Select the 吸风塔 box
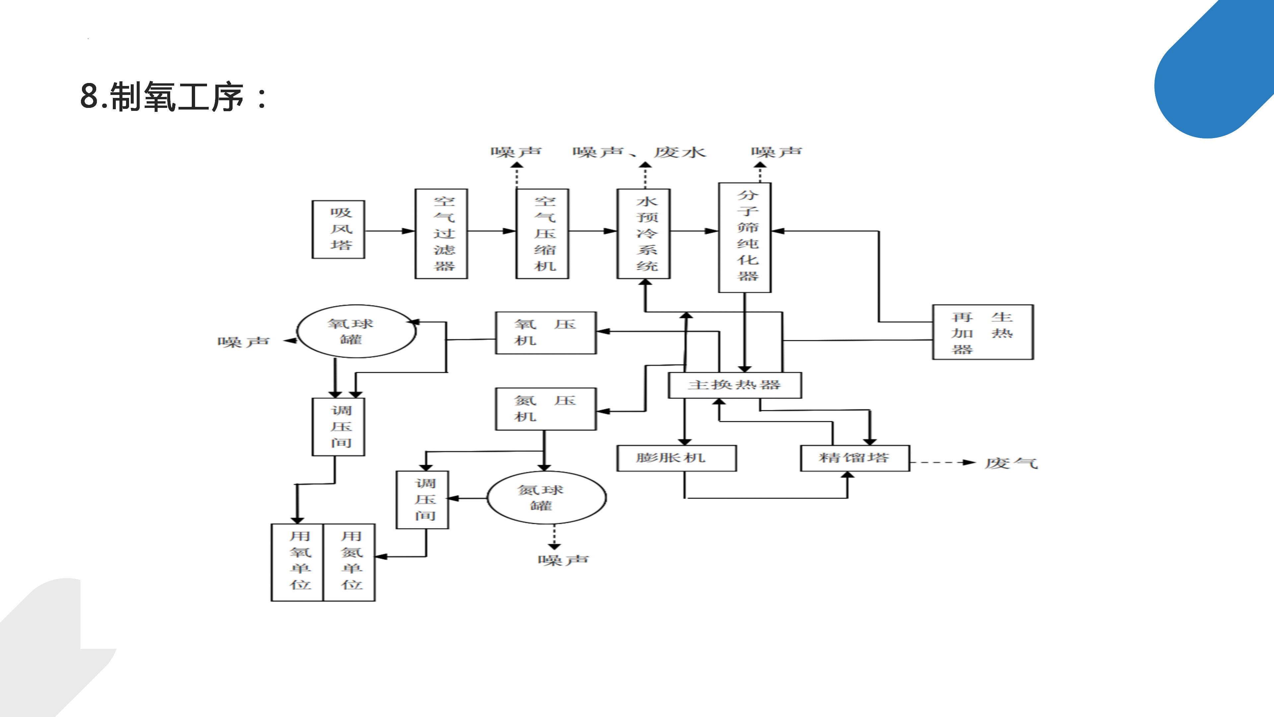pyautogui.click(x=339, y=229)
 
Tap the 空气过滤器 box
pyautogui.click(x=442, y=234)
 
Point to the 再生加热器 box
pyautogui.click(x=983, y=332)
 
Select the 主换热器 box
pyautogui.click(x=735, y=385)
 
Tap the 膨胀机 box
pyautogui.click(x=676, y=458)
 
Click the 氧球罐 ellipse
pyautogui.click(x=356, y=331)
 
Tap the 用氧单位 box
pyautogui.click(x=297, y=562)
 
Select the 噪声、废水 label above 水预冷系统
pyautogui.click(x=639, y=152)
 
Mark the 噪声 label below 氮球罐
pyautogui.click(x=563, y=560)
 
